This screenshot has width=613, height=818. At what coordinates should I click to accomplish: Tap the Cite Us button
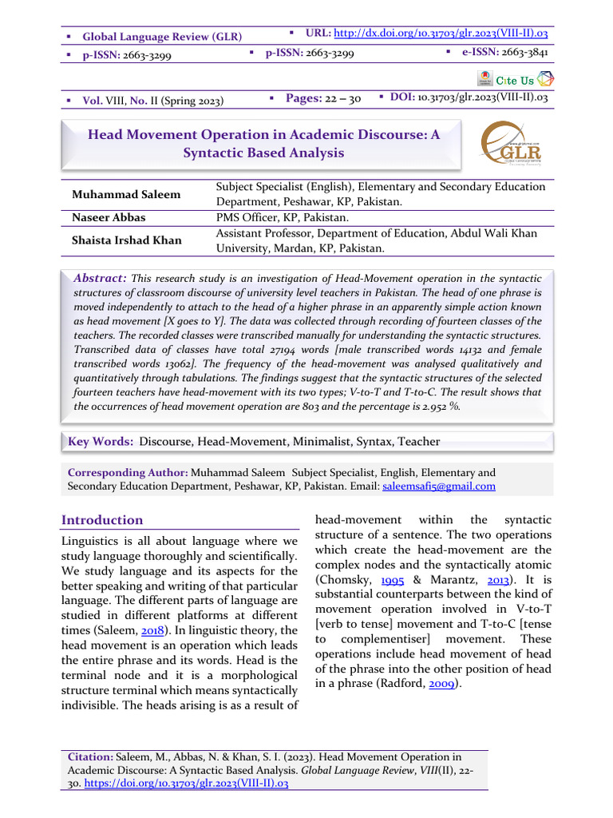516,80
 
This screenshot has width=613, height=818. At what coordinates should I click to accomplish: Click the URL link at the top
440,34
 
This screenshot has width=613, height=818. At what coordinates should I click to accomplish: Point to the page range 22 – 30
343,98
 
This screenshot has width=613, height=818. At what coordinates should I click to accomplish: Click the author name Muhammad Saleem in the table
126,195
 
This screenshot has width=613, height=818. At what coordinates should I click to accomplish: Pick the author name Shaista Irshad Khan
126,240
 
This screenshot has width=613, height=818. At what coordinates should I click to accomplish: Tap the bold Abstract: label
100,278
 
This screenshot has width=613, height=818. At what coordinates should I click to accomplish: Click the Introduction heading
102,520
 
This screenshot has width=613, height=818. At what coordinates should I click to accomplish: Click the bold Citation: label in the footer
92,756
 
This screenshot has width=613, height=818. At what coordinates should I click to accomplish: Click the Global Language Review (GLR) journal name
162,37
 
